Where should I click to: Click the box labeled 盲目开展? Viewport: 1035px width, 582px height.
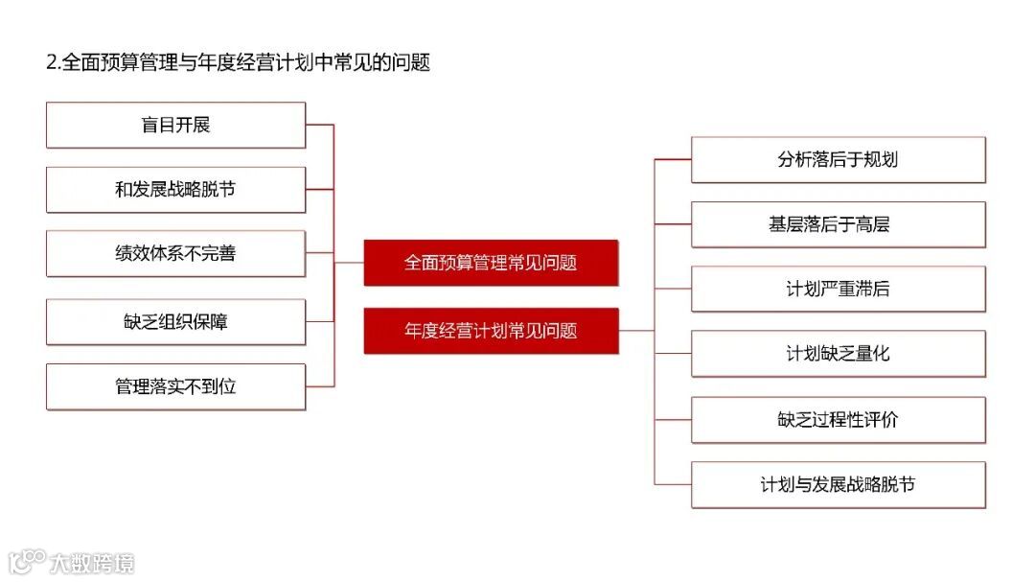(175, 126)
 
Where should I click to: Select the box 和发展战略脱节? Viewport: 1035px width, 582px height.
(175, 190)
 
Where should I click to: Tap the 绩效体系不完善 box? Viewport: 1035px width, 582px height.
(175, 254)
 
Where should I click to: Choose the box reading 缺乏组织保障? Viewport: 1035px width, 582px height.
(175, 322)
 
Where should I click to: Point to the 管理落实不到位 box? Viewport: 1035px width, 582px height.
(175, 387)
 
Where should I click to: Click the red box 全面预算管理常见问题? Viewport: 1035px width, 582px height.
(491, 263)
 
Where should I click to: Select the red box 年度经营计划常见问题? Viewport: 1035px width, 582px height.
(491, 332)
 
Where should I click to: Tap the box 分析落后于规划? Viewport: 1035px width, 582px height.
(838, 160)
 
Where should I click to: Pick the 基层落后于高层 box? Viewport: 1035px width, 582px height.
(838, 224)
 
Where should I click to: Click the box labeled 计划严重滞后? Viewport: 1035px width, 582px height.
(838, 289)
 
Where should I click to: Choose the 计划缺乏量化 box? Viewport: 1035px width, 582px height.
(838, 354)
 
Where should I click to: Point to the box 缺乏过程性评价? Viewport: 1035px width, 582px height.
(838, 420)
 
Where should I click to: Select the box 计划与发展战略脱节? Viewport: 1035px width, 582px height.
(838, 484)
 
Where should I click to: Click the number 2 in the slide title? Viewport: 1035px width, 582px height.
(51, 63)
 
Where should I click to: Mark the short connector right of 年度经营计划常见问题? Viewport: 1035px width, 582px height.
(636, 331)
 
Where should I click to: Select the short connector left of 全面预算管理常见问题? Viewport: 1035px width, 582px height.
(349, 262)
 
